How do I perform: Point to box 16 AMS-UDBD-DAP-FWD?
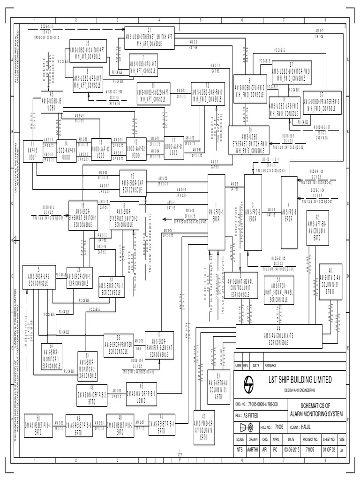click(206, 91)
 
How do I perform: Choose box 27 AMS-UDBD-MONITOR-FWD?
click(291, 72)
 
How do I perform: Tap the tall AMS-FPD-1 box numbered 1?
click(216, 213)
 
